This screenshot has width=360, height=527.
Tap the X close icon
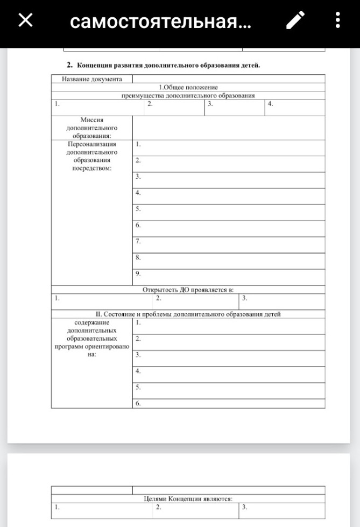pyautogui.click(x=25, y=20)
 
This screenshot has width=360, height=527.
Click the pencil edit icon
pyautogui.click(x=294, y=21)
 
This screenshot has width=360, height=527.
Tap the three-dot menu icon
pyautogui.click(x=337, y=21)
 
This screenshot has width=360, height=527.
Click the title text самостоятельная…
pyautogui.click(x=160, y=22)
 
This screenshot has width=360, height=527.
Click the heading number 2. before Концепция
pyautogui.click(x=69, y=65)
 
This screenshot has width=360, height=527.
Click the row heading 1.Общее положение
pyautogui.click(x=188, y=87)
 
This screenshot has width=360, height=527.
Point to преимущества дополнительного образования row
pyautogui.click(x=188, y=95)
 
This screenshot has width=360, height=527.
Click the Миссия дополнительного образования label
pyautogui.click(x=91, y=129)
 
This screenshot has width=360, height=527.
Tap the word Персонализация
pyautogui.click(x=91, y=144)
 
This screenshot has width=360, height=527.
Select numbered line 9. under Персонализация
pyautogui.click(x=138, y=273)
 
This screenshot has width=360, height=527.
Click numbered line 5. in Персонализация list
pyautogui.click(x=138, y=209)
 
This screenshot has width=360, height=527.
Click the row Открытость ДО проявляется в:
pyautogui.click(x=188, y=290)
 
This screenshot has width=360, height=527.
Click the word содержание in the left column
pyautogui.click(x=91, y=322)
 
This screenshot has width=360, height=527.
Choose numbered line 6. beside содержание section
pyautogui.click(x=138, y=403)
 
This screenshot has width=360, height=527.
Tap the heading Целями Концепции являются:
pyautogui.click(x=188, y=499)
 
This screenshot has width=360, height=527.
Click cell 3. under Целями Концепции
pyautogui.click(x=244, y=507)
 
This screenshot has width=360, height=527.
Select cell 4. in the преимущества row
pyautogui.click(x=270, y=104)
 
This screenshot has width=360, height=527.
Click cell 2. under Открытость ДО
pyautogui.click(x=159, y=298)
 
